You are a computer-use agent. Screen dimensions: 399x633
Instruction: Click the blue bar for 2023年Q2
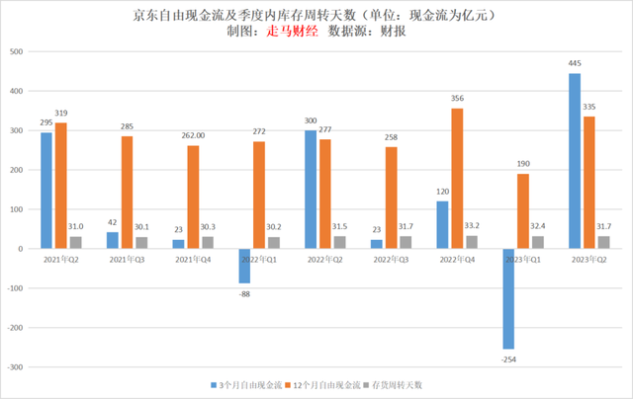pyautogui.click(x=575, y=161)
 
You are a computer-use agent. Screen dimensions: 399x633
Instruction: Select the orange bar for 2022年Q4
pyautogui.click(x=456, y=179)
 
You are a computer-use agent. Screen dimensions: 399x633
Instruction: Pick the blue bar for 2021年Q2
pyautogui.click(x=46, y=191)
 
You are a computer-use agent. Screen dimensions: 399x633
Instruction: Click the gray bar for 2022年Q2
pyautogui.click(x=339, y=243)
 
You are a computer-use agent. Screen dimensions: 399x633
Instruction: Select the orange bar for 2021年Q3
pyautogui.click(x=127, y=193)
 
